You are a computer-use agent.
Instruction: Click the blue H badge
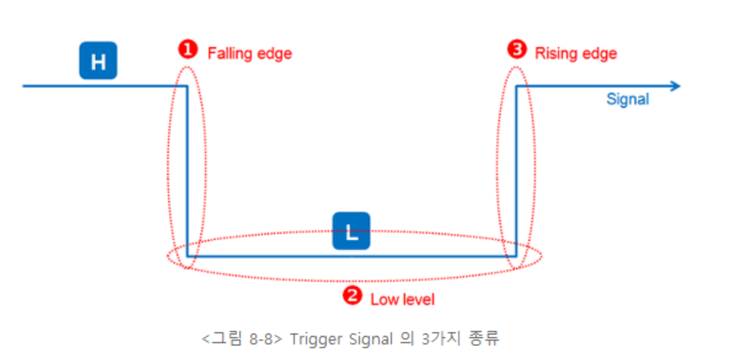point(98,62)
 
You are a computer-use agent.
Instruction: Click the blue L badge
point(351,231)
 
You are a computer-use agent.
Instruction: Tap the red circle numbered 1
point(189,50)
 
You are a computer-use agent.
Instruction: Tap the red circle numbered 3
point(516,50)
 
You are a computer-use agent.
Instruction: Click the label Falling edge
point(249,53)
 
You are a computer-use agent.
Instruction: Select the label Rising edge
point(575,53)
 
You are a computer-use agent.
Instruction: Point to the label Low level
point(402,299)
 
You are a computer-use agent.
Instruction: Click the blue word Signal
point(627,99)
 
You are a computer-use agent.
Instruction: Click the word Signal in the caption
point(364,338)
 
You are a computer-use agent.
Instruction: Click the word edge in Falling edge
point(275,53)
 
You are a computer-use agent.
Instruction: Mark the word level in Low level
point(417,299)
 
